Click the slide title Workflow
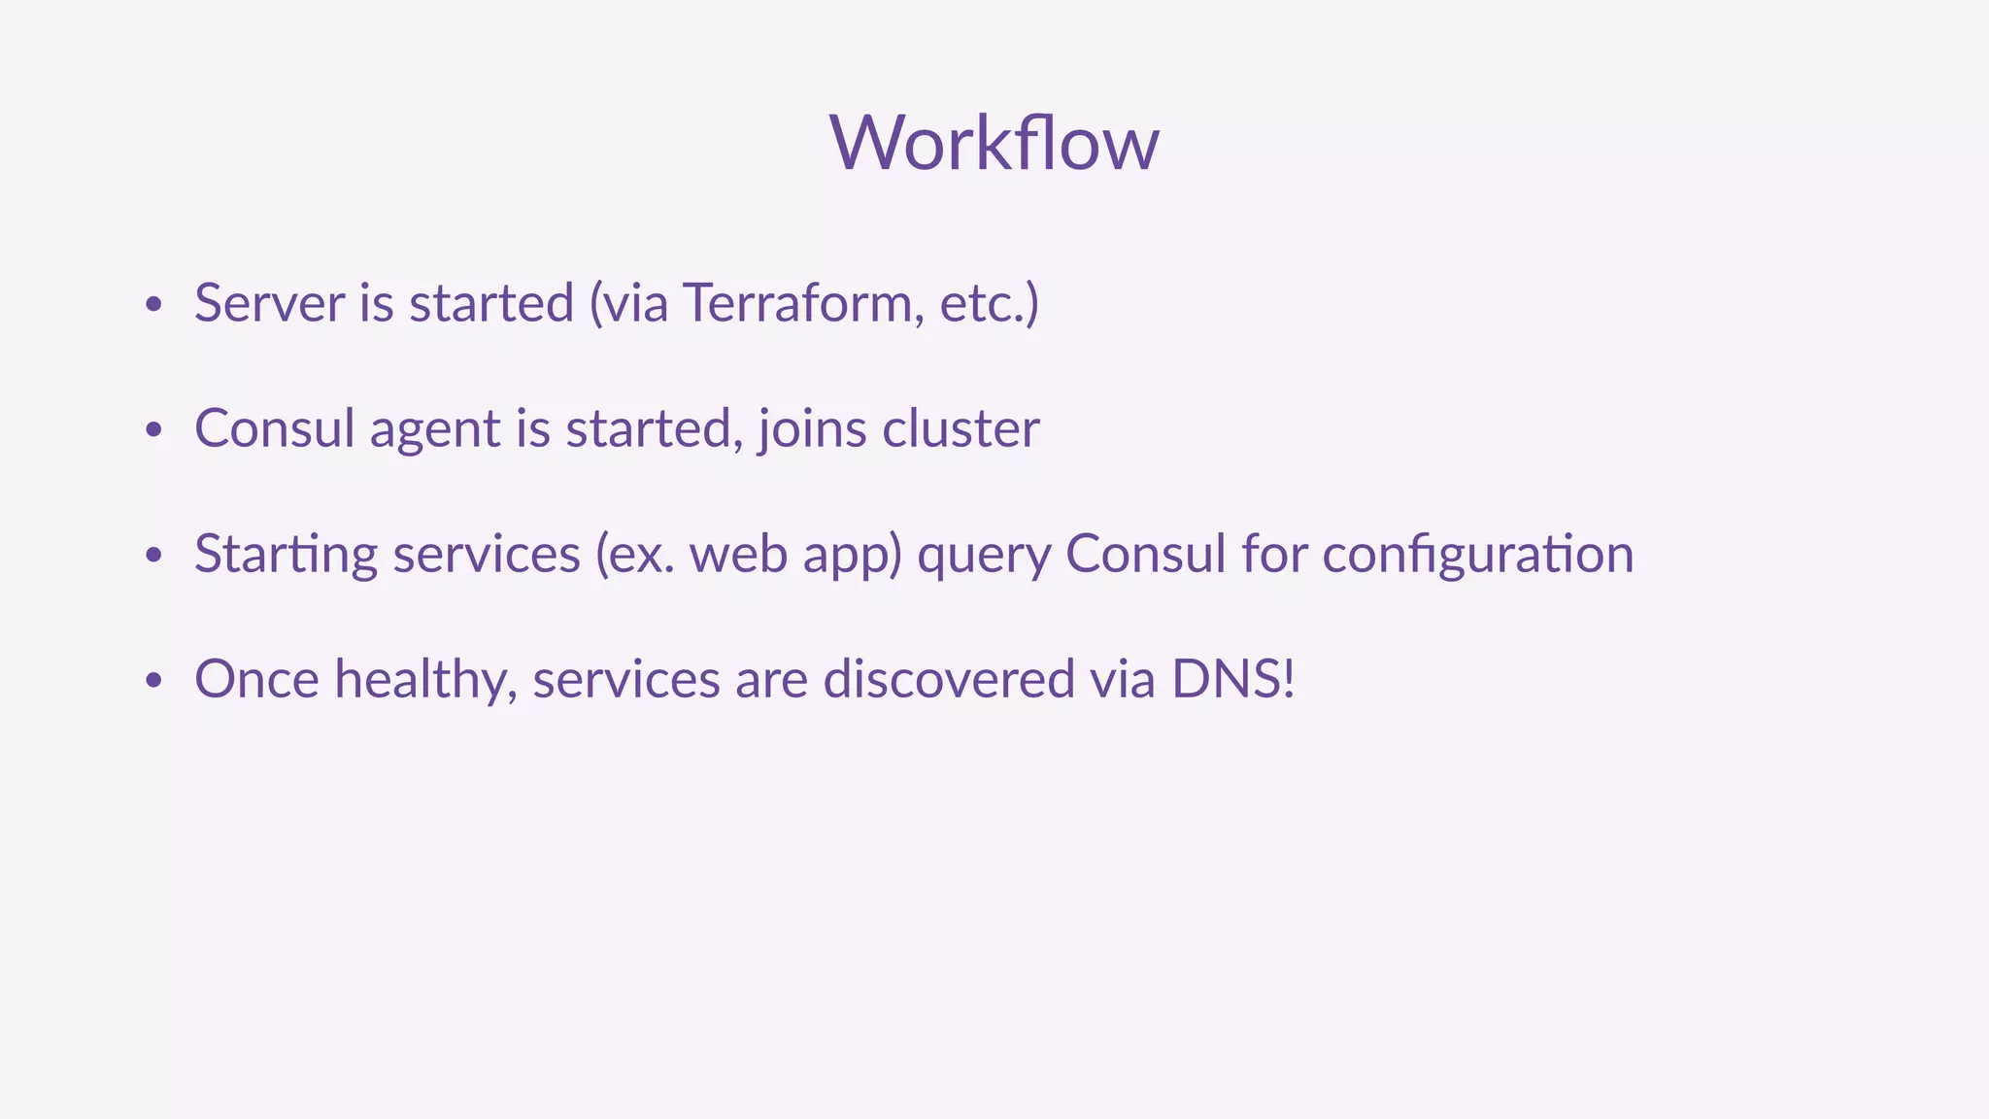pyautogui.click(x=994, y=143)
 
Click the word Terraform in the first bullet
pyautogui.click(x=797, y=303)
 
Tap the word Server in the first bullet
pyautogui.click(x=269, y=303)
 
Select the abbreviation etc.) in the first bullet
pyautogui.click(x=989, y=303)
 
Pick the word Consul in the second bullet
pyautogui.click(x=274, y=428)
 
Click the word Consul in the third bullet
pyautogui.click(x=1146, y=554)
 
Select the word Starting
pyautogui.click(x=286, y=556)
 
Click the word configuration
pyautogui.click(x=1477, y=556)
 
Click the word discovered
pyautogui.click(x=949, y=679)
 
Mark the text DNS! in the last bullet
pyautogui.click(x=1232, y=679)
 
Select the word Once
pyautogui.click(x=256, y=679)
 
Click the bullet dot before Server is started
pyautogui.click(x=152, y=305)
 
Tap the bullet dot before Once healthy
pyautogui.click(x=152, y=681)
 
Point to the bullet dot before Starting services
pyautogui.click(x=152, y=556)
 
